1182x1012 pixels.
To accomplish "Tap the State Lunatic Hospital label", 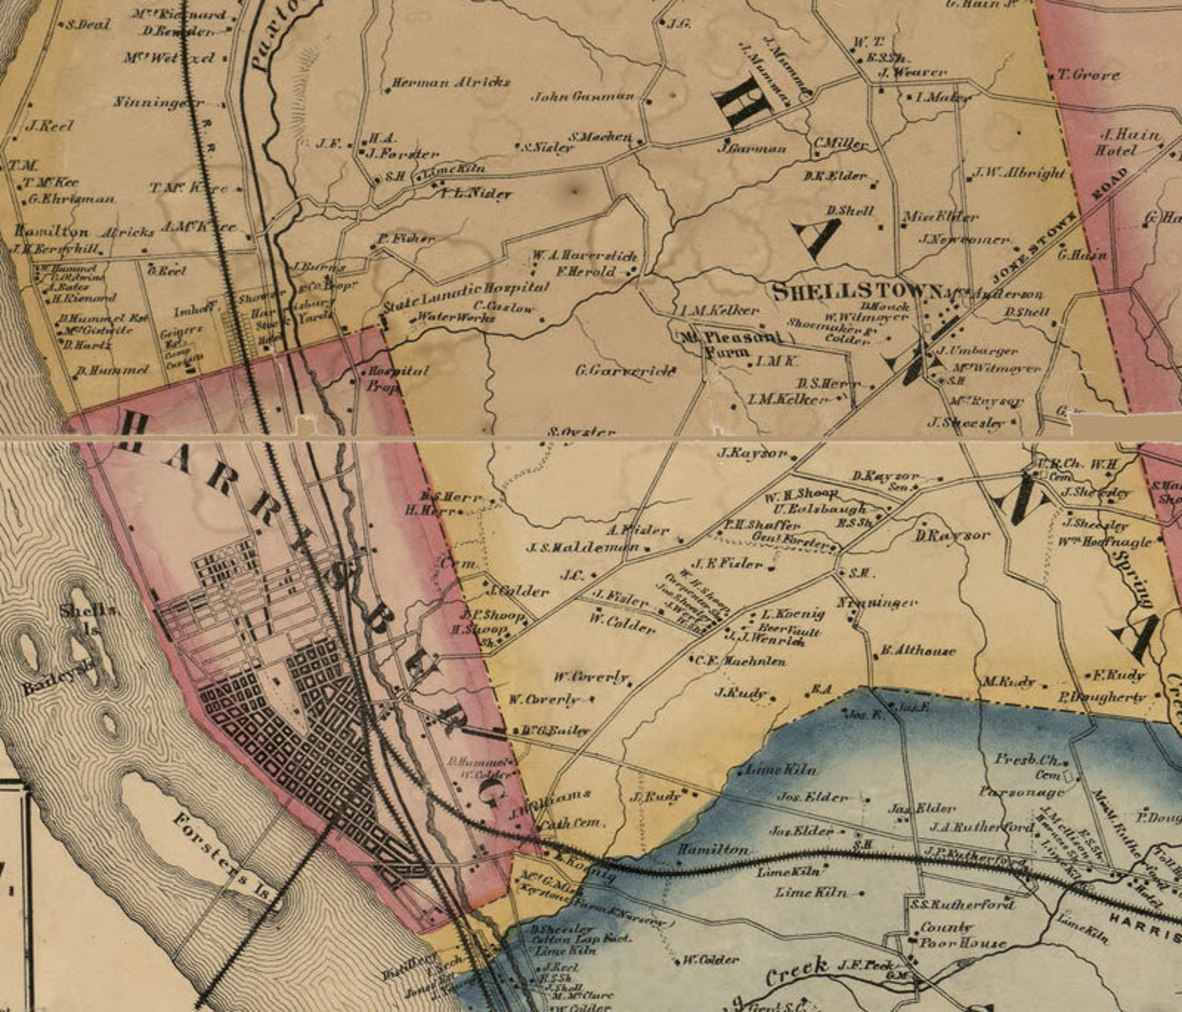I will tap(466, 295).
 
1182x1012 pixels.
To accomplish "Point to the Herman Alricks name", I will tap(450, 83).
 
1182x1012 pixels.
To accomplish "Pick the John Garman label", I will tap(582, 96).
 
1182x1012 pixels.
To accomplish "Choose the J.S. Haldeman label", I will tap(583, 548).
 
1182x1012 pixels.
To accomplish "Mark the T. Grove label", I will tap(1088, 75).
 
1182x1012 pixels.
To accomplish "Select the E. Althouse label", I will tap(918, 651).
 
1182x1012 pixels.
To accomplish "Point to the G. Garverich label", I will tap(625, 370).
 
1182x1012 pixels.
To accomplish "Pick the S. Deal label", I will tap(88, 25).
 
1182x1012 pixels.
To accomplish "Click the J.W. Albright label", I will tap(1019, 173).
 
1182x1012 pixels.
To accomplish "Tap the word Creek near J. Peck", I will tap(796, 970).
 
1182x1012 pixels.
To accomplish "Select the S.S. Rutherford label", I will tap(962, 905).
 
